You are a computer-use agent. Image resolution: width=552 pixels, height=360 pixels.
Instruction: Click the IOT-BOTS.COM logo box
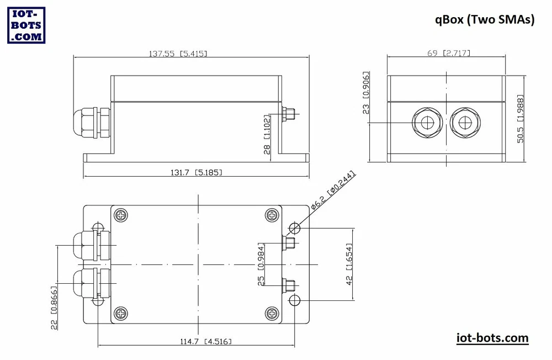click(x=26, y=25)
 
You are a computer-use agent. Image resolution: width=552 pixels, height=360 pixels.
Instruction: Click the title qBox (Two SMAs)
click(x=485, y=19)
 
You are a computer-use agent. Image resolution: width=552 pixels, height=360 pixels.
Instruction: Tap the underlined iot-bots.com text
click(x=492, y=338)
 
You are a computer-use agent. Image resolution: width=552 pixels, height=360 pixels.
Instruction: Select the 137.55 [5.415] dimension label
click(x=178, y=54)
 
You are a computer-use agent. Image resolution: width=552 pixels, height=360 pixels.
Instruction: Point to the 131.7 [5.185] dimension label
click(x=197, y=172)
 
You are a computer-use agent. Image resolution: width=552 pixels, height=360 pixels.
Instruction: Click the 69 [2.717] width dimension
click(x=449, y=53)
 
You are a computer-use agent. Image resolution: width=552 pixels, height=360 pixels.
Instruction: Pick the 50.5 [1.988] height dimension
click(x=521, y=119)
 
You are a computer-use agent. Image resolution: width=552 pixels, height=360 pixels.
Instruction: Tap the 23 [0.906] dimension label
click(x=366, y=93)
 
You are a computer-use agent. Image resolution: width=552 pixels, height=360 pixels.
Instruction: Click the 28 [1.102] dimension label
click(x=267, y=134)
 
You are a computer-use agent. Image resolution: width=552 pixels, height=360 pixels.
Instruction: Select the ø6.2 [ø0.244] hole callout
click(x=333, y=190)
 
